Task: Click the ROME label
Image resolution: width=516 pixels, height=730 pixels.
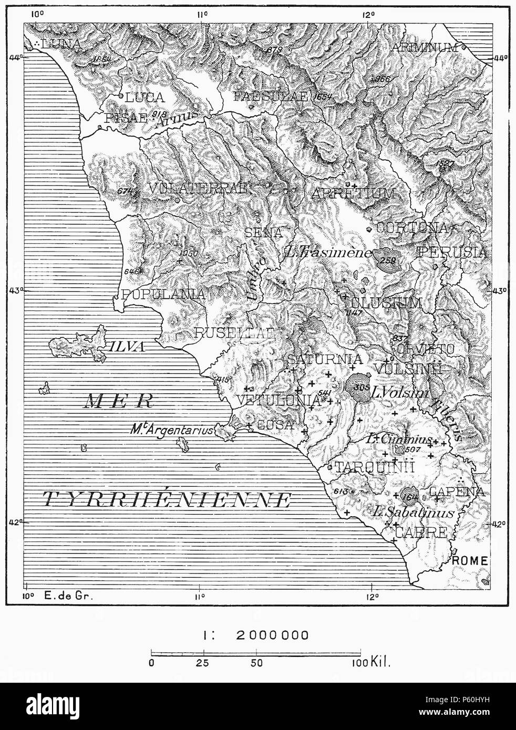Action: coord(470,560)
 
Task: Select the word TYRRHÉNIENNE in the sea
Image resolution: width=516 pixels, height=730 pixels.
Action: coord(167,499)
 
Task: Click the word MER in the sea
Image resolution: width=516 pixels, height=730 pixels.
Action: coord(118,402)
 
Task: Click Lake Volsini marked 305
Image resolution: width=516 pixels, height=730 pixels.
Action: coord(360,388)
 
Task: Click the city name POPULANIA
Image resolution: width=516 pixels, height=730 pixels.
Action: coord(163,294)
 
